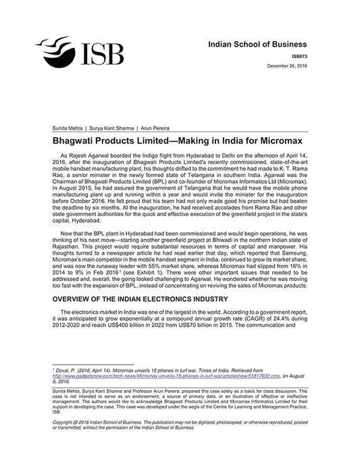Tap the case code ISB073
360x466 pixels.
pos(308,57)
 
